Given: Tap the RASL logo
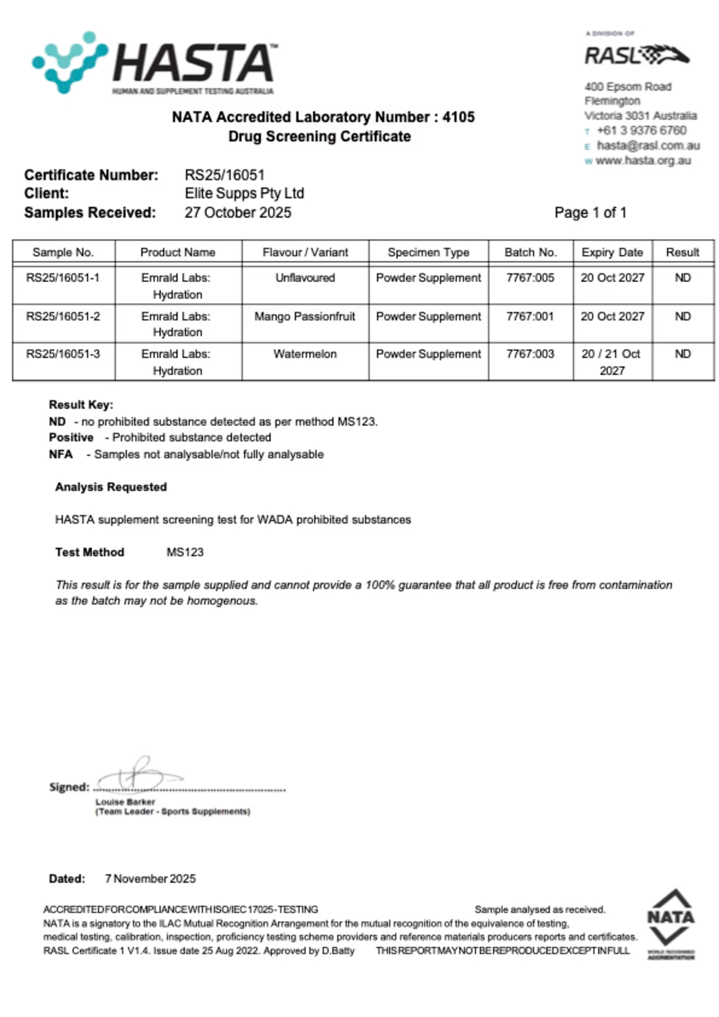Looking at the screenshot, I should pyautogui.click(x=636, y=55).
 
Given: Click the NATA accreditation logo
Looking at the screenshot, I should pyautogui.click(x=670, y=924).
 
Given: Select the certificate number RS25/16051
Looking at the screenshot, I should pyautogui.click(x=224, y=174).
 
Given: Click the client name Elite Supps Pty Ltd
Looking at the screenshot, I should pyautogui.click(x=244, y=193).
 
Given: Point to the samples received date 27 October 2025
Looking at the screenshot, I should pyautogui.click(x=237, y=212).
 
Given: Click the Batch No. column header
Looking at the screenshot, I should pyautogui.click(x=530, y=252).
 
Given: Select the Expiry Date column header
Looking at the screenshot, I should pyautogui.click(x=612, y=252).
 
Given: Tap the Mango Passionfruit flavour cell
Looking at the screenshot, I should pyautogui.click(x=304, y=316).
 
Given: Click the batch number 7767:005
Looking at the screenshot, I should pyautogui.click(x=530, y=278).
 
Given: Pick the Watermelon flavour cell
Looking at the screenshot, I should pyautogui.click(x=304, y=354).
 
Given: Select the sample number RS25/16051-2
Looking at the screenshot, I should pyautogui.click(x=63, y=316).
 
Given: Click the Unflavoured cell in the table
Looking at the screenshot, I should pyautogui.click(x=304, y=278).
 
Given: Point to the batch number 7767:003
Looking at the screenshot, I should pyautogui.click(x=530, y=354).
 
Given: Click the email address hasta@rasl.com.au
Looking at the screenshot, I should pyautogui.click(x=648, y=145).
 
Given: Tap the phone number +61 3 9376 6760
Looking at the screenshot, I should pyautogui.click(x=641, y=131).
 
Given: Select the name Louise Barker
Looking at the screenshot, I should pyautogui.click(x=125, y=802).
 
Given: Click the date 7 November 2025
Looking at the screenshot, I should pyautogui.click(x=150, y=879).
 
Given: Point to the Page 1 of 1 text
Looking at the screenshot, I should pyautogui.click(x=590, y=212).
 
